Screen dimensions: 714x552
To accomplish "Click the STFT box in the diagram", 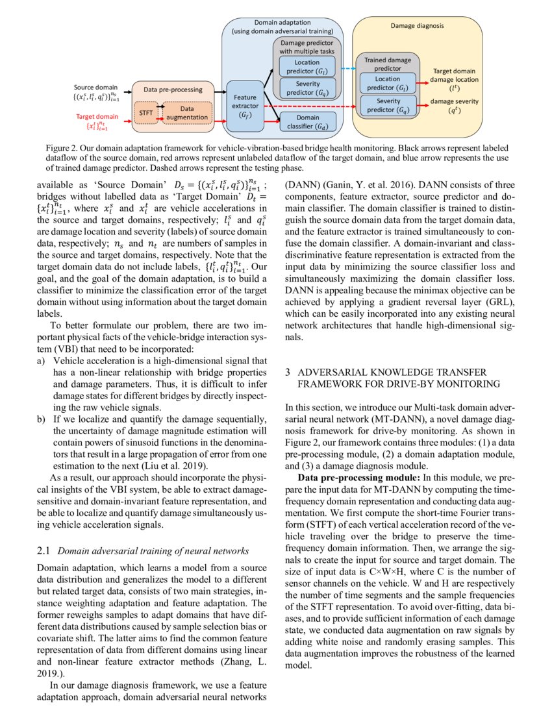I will (x=145, y=112).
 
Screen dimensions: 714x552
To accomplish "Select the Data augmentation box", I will (x=187, y=112).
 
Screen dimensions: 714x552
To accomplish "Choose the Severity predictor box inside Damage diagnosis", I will (x=388, y=105).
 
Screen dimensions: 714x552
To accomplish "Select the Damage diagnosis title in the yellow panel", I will (x=417, y=26).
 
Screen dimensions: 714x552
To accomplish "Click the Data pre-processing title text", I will (x=173, y=90).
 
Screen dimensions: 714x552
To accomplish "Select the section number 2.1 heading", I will (x=44, y=551).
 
